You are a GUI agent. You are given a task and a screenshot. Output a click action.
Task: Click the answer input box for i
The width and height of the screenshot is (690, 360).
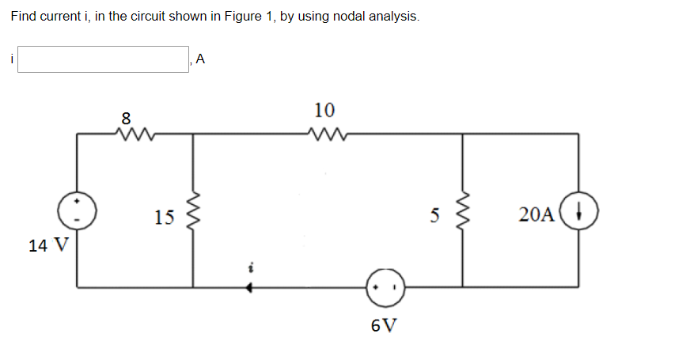pyautogui.click(x=103, y=59)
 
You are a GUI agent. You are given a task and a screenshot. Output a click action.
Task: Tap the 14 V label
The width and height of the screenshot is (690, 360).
pyautogui.click(x=47, y=245)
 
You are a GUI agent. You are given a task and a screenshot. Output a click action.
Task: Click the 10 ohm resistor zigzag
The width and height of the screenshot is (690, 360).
pyautogui.click(x=325, y=134)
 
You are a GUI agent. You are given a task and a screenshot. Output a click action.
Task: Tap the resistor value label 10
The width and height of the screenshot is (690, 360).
pyautogui.click(x=324, y=109)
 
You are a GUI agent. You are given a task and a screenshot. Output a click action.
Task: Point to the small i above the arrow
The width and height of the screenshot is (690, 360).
pyautogui.click(x=249, y=269)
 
